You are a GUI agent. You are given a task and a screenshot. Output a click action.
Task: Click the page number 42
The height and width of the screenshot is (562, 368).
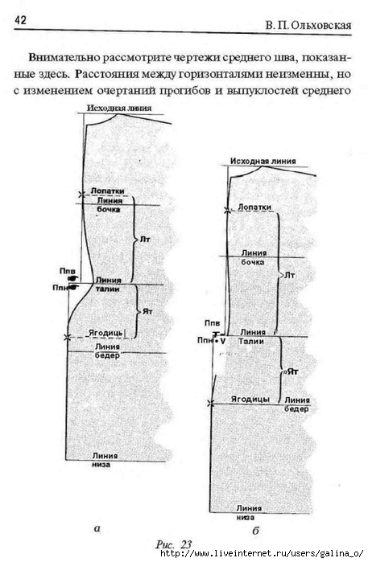(x=20, y=20)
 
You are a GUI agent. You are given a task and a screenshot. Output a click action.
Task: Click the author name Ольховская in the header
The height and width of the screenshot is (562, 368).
(x=320, y=26)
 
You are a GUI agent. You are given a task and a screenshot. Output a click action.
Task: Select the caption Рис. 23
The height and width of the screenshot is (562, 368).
(x=174, y=544)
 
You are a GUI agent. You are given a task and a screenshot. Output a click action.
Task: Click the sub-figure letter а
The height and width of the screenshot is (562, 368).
(x=97, y=528)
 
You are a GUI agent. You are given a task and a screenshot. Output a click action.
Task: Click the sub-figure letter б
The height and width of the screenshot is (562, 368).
(x=255, y=531)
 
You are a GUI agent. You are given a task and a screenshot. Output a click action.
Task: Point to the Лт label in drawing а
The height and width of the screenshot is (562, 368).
(x=145, y=239)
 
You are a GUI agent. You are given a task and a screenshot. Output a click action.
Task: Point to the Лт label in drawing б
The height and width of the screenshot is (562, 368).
(x=289, y=275)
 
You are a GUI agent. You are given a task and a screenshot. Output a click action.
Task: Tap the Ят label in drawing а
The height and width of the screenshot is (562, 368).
(x=147, y=311)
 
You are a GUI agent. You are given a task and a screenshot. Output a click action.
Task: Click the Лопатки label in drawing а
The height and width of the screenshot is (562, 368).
(x=107, y=191)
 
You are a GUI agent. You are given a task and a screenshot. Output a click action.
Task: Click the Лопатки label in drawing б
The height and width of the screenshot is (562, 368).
(x=254, y=207)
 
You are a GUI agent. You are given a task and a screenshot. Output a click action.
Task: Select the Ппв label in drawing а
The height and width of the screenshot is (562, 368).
(x=68, y=271)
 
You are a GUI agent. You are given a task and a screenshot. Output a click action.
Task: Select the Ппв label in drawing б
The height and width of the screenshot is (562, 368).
(x=212, y=323)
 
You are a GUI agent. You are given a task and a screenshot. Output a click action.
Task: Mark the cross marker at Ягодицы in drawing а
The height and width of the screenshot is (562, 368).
(x=67, y=337)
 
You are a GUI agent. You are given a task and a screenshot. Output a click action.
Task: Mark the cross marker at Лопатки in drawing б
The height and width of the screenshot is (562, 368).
(x=227, y=211)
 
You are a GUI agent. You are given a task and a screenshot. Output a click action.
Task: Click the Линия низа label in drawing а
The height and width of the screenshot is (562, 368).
(x=105, y=460)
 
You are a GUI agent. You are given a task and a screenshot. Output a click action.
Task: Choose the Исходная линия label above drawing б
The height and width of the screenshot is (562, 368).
(x=263, y=162)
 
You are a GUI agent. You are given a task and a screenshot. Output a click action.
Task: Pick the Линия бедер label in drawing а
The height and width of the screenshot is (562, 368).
(x=107, y=351)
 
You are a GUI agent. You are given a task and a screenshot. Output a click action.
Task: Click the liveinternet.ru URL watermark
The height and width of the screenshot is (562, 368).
(x=262, y=553)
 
